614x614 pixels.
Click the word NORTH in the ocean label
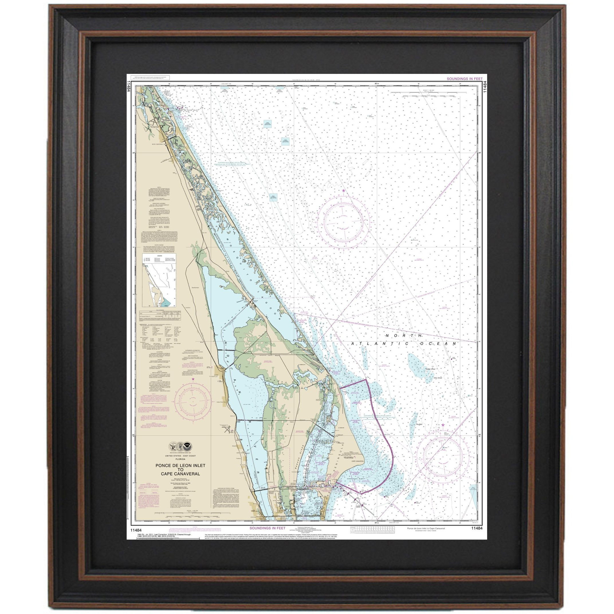point(404,336)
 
